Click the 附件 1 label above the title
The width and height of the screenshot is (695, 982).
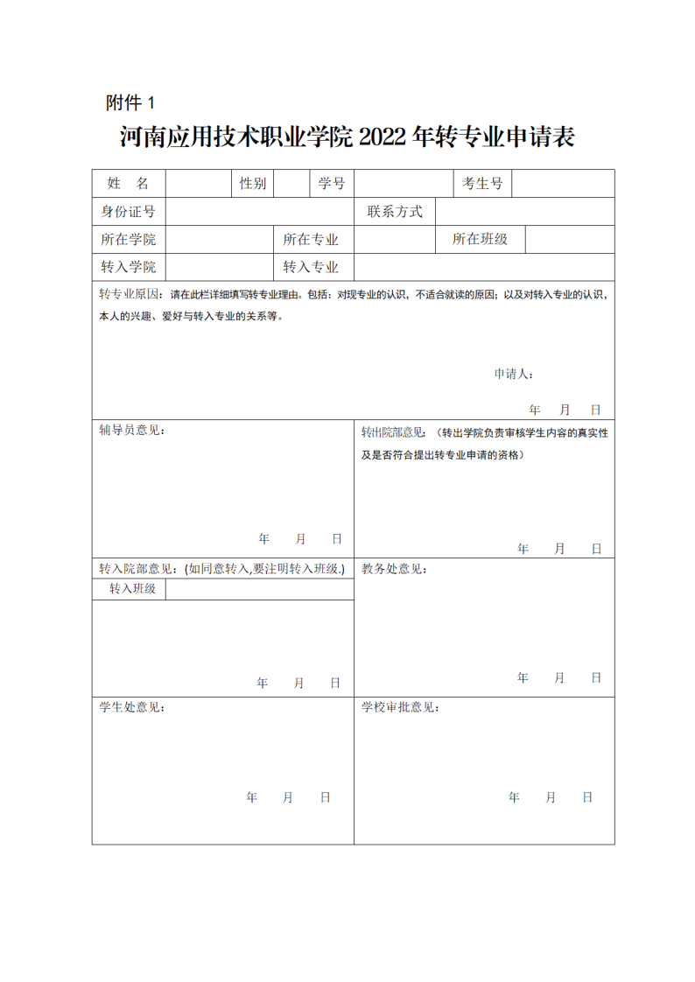point(130,103)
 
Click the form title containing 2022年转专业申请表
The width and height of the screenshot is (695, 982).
point(347,137)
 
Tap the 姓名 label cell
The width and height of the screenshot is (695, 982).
point(129,183)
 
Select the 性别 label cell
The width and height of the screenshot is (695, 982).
point(253,183)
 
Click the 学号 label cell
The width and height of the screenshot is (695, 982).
point(331,183)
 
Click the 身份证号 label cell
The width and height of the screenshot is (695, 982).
point(129,211)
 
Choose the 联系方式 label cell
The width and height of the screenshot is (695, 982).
point(395,211)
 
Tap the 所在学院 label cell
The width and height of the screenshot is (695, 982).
point(129,240)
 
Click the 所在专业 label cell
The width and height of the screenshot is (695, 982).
point(311,240)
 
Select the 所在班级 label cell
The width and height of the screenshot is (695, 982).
point(480,239)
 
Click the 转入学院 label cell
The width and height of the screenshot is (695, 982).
point(129,267)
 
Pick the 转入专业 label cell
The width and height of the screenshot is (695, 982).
point(311,267)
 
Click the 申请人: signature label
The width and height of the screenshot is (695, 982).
point(514,374)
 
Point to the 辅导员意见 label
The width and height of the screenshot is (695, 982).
point(131,431)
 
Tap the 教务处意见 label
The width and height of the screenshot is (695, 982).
point(395,569)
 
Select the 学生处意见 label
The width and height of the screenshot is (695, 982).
point(131,707)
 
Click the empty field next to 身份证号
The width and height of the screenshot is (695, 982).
point(260,211)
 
